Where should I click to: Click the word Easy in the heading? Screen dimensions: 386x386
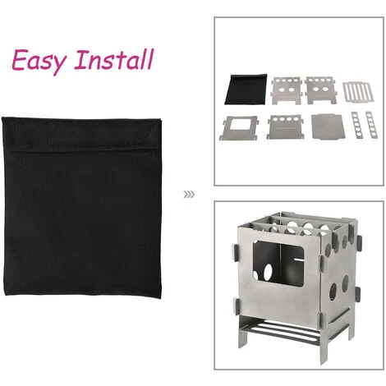click(x=39, y=61)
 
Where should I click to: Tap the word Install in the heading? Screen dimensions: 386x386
click(x=114, y=59)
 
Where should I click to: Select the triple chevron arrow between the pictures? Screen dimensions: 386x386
click(x=189, y=195)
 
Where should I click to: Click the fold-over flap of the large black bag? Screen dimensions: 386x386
click(x=81, y=133)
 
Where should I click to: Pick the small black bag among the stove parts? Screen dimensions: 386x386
click(x=246, y=90)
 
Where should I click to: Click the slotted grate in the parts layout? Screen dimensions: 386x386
click(x=358, y=92)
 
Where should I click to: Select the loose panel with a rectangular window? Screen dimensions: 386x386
click(x=239, y=128)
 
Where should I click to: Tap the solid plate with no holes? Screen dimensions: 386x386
click(x=328, y=126)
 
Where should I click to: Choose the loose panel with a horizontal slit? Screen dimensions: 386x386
click(x=285, y=126)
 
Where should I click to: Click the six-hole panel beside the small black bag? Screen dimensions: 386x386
click(x=287, y=90)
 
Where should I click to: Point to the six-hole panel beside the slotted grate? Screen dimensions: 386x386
click(x=320, y=90)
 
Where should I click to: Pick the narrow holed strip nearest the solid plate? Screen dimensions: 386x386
click(x=356, y=125)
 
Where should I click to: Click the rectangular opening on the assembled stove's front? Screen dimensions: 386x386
click(x=278, y=263)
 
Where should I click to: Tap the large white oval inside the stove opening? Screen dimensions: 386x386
click(x=268, y=272)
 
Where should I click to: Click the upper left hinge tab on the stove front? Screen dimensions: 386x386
click(x=236, y=252)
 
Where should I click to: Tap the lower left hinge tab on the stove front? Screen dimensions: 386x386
click(x=237, y=307)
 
